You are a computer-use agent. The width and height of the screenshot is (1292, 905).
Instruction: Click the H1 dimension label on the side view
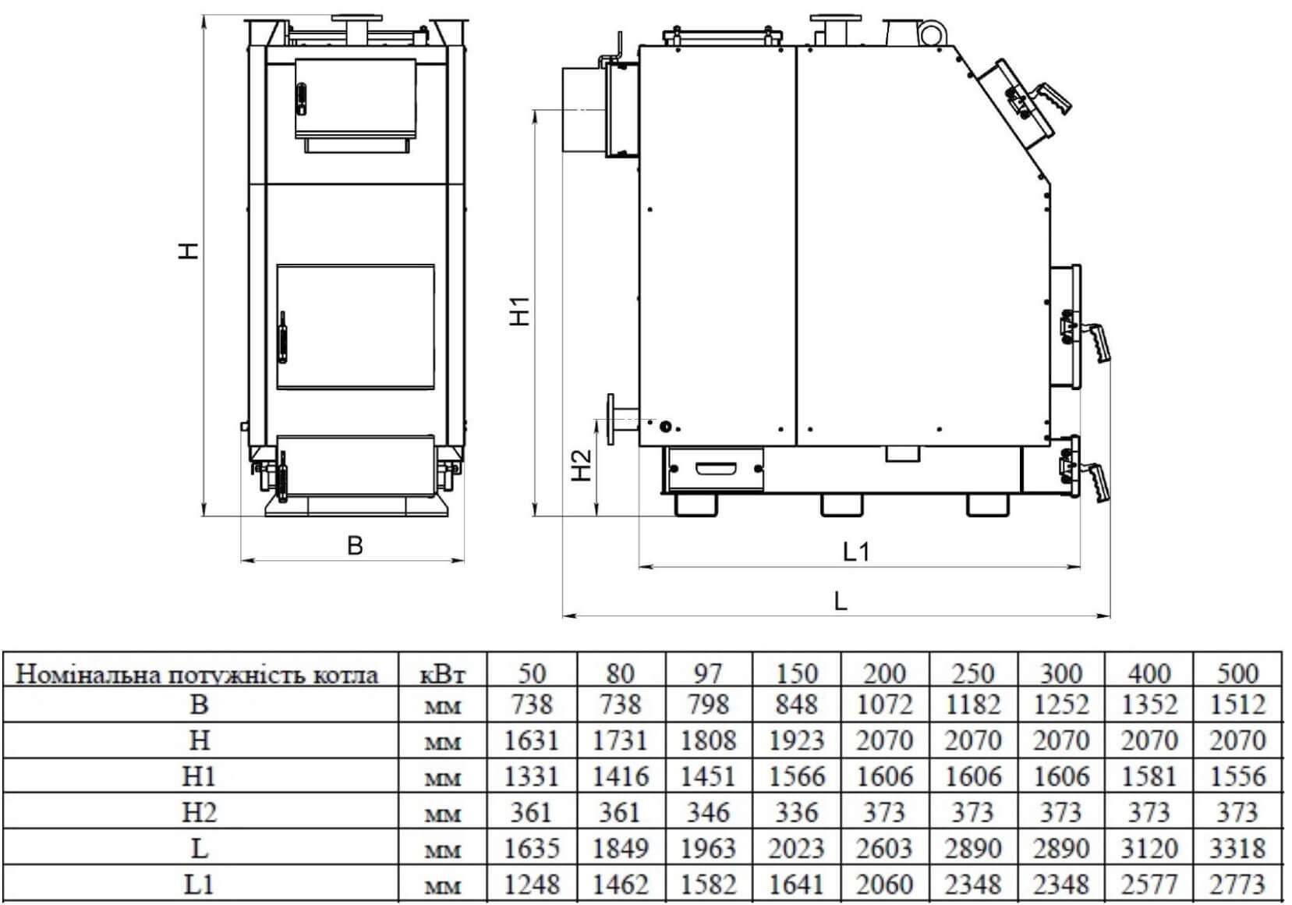coord(520,311)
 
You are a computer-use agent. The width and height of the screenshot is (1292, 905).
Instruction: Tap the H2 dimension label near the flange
coord(582,465)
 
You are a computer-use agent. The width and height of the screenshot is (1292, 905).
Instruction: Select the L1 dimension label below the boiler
coord(857,552)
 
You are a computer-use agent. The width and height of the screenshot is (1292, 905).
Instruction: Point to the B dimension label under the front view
coord(356,545)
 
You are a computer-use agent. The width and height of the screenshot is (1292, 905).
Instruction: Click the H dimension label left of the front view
coord(189,250)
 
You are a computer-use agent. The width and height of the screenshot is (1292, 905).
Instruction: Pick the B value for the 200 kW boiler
coord(885,704)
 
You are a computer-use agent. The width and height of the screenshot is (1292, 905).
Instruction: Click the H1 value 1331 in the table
coord(531,776)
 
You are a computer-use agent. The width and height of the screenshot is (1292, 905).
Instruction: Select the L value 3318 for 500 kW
coord(1237,848)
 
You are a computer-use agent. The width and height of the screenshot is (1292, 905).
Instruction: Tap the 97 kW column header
coord(708,673)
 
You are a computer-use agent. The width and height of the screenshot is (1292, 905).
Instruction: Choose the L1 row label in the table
coord(199,884)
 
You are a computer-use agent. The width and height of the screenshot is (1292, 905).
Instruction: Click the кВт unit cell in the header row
coord(442,674)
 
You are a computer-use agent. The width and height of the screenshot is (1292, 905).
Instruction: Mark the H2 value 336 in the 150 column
coord(797,812)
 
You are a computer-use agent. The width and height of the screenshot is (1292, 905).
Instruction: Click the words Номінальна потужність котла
coord(196,674)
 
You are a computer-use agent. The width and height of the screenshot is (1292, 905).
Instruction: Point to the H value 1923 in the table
coord(797,740)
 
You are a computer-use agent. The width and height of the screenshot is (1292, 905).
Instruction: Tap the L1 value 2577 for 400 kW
coord(1149,884)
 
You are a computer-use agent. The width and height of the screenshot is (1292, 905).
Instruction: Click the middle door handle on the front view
coord(282,338)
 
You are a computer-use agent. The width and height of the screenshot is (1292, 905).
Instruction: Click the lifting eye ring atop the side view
coord(931,34)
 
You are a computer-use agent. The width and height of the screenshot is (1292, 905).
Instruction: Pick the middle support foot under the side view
coord(842,505)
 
